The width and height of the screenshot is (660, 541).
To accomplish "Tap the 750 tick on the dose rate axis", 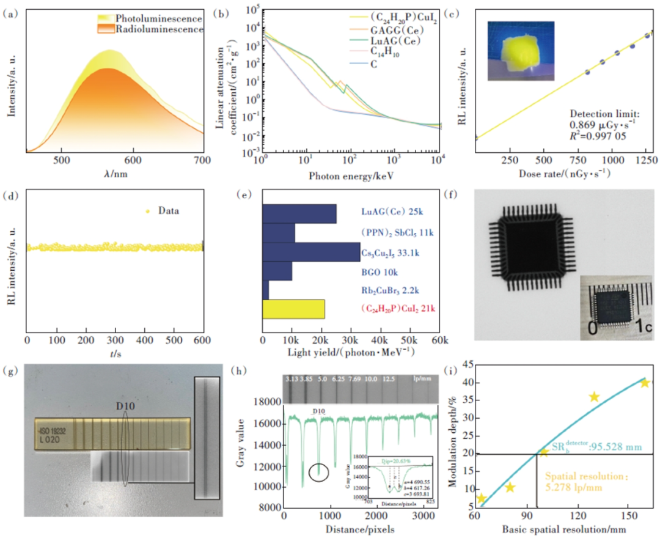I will pyautogui.click(x=577, y=160).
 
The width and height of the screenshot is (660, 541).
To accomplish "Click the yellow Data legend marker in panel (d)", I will pyautogui.click(x=147, y=212).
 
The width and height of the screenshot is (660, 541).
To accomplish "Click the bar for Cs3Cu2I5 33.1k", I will pyautogui.click(x=311, y=252).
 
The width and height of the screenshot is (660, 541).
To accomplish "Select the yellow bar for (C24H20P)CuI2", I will pyautogui.click(x=293, y=309).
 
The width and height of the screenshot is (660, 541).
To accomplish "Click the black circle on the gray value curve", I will pyautogui.click(x=318, y=473).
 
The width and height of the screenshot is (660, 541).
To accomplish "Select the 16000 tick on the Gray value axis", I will pyautogui.click(x=267, y=422).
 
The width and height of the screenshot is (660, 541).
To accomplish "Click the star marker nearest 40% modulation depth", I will pyautogui.click(x=643, y=383).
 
